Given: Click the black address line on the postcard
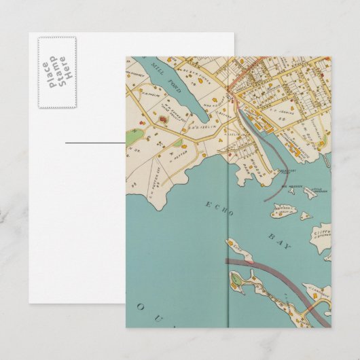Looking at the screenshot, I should click(96, 143).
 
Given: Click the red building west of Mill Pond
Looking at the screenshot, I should click(162, 121).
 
